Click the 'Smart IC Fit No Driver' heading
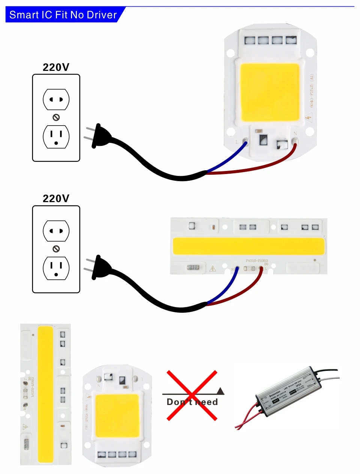point(63,15)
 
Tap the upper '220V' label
point(56,67)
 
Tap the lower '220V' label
point(56,199)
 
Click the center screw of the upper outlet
point(56,117)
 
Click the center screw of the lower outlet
point(56,249)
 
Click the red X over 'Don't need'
point(192,395)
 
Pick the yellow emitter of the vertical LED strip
point(46,394)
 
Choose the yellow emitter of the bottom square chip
point(117,416)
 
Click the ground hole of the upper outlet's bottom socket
point(56,143)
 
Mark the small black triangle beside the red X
point(220,391)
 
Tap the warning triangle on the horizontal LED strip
point(213,268)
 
